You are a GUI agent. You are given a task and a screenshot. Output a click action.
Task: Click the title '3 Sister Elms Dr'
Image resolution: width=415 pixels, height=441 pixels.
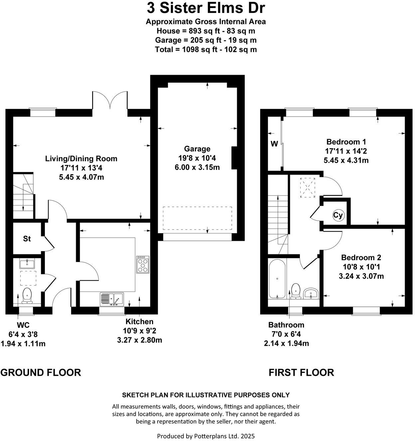[x=206, y=8]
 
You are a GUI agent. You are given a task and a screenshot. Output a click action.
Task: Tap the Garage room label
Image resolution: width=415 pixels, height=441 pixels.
[x=197, y=149]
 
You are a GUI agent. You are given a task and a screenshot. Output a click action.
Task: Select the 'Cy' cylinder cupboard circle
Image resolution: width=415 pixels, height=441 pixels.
[x=338, y=216]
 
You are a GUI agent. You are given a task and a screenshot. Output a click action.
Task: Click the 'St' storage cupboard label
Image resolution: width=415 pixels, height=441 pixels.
[x=27, y=238]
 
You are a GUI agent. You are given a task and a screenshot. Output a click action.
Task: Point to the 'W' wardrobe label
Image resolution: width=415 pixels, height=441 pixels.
[x=274, y=144]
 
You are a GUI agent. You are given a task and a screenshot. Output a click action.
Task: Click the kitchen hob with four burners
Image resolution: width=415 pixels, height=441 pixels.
[x=143, y=264]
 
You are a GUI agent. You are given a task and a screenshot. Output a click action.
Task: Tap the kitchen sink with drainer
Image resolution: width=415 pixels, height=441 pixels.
[x=112, y=299]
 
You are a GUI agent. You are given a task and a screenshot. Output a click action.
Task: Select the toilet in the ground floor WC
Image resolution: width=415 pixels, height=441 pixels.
[x=26, y=296]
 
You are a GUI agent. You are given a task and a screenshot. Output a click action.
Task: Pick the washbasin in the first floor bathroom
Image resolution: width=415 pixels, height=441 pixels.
[x=311, y=293]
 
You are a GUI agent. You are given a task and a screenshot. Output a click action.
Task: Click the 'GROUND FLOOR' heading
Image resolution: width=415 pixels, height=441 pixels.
[x=41, y=372]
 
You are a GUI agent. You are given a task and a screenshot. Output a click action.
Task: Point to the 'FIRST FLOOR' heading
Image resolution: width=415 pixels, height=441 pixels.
[x=301, y=372]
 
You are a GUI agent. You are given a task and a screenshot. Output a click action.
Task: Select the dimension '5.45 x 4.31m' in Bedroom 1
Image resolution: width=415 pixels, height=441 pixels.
[x=346, y=160]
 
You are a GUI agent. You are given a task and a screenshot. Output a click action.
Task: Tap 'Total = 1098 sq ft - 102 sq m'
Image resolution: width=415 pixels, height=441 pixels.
[x=206, y=49]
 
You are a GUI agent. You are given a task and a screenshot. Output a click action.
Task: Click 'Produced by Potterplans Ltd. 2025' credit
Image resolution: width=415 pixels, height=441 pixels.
[x=206, y=436]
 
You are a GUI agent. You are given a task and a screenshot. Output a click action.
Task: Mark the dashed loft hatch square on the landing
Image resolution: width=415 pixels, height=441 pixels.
[x=308, y=188]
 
